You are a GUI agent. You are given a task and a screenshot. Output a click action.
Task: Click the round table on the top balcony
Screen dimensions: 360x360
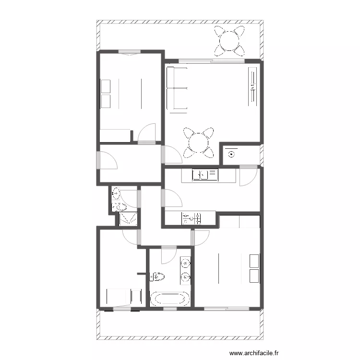pyautogui.click(x=229, y=41)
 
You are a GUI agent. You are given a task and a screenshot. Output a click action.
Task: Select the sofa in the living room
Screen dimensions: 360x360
pyautogui.click(x=177, y=88)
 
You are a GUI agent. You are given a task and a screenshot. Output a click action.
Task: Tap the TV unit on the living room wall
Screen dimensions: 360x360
pyautogui.click(x=253, y=86)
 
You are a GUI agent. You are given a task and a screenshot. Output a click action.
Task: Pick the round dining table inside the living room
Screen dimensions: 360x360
pyautogui.click(x=199, y=143)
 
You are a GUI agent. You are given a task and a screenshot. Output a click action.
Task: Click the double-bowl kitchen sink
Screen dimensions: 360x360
pyautogui.click(x=205, y=175)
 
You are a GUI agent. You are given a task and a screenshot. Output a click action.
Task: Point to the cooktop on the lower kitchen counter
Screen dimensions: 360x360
pyautogui.click(x=191, y=218)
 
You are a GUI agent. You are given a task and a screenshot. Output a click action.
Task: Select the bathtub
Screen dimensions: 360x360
pyautogui.click(x=170, y=299)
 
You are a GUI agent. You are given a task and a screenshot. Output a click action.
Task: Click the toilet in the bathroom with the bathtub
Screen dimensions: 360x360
pyautogui.click(x=157, y=277)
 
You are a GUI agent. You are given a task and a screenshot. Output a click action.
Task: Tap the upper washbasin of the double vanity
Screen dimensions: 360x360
pyautogui.click(x=185, y=263)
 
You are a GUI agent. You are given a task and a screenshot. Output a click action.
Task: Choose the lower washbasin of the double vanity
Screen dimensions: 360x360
pyautogui.click(x=185, y=277)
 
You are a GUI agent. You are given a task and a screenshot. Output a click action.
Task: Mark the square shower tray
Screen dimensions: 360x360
pyautogui.click(x=128, y=219)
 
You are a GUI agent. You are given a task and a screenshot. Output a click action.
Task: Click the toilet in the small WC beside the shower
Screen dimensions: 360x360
pyautogui.click(x=119, y=207)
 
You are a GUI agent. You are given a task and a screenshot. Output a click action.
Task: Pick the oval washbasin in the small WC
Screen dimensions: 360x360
pyautogui.click(x=116, y=194)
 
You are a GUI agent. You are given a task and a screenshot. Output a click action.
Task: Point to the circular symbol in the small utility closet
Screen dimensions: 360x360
pyautogui.click(x=231, y=155)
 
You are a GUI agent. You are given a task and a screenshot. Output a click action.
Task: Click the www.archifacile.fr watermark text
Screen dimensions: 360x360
pyautogui.click(x=254, y=353)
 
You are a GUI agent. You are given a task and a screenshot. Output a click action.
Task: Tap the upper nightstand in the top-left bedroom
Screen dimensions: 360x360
pyautogui.click(x=106, y=86)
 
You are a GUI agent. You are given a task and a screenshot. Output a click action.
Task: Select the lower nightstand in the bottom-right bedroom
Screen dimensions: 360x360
pyautogui.click(x=254, y=276)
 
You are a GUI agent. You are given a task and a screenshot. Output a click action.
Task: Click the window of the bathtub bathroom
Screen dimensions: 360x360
pyautogui.click(x=170, y=309)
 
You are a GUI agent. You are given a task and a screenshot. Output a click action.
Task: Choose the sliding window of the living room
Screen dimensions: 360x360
pyautogui.click(x=212, y=61)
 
